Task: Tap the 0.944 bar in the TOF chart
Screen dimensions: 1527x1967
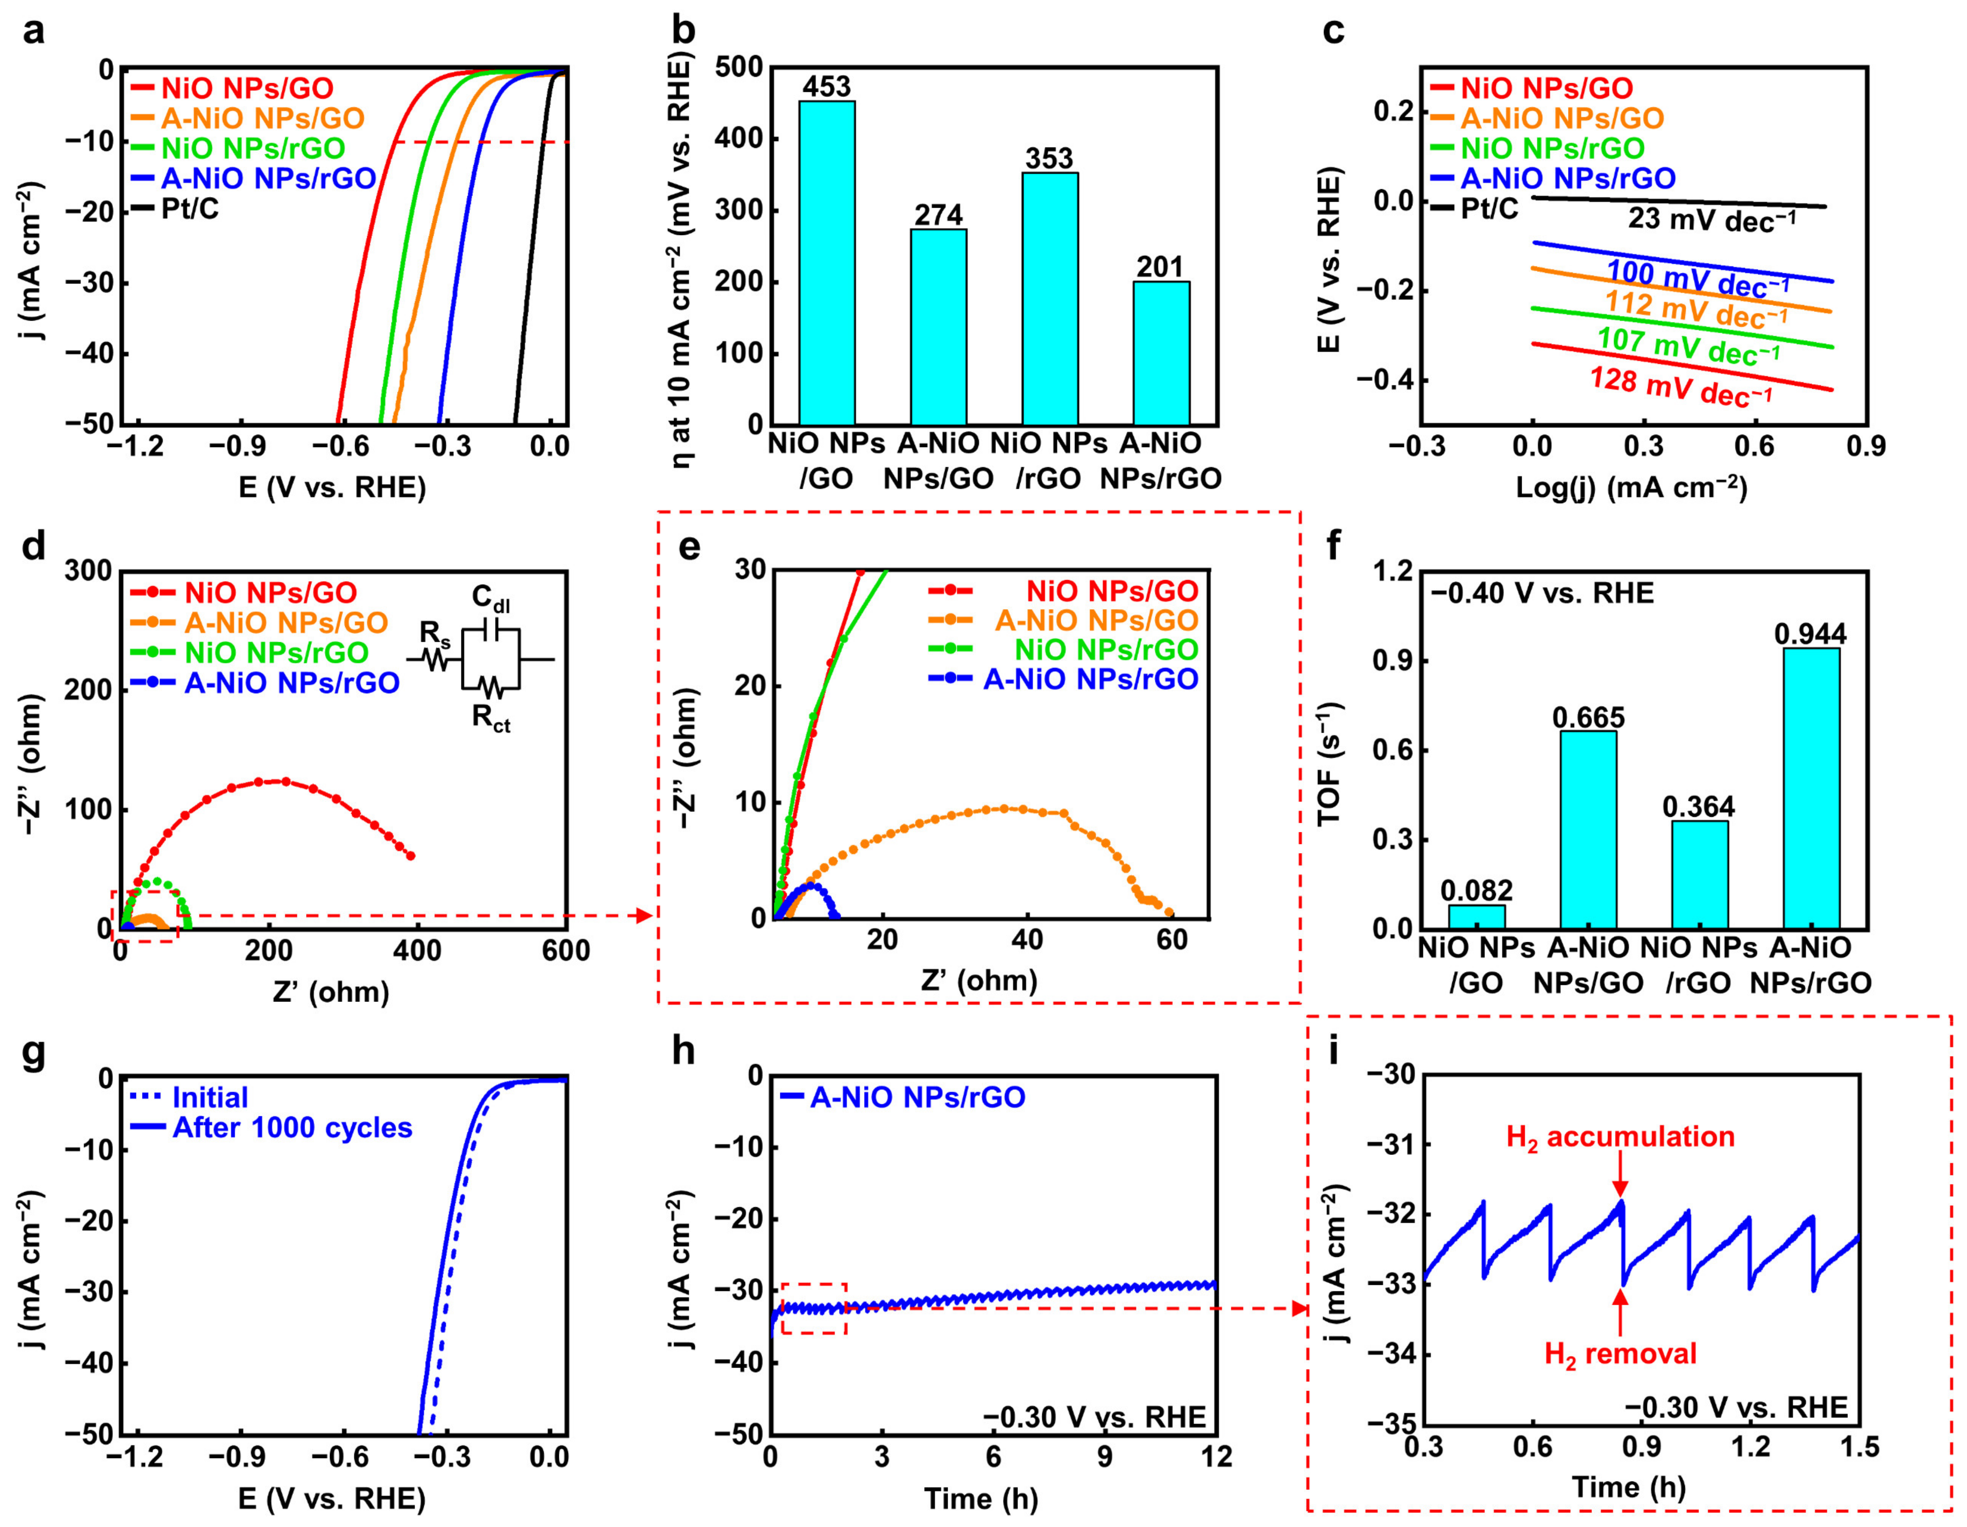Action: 1810,788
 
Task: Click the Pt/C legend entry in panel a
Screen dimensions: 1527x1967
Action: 189,209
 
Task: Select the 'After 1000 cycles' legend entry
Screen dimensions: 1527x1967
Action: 291,1127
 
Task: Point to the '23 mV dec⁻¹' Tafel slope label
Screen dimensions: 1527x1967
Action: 1711,220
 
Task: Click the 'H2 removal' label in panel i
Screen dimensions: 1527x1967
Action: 1620,1353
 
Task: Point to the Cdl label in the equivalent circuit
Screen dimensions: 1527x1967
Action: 491,599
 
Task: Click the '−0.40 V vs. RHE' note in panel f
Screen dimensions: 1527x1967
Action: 1542,594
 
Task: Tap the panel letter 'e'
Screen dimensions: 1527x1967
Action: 689,547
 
